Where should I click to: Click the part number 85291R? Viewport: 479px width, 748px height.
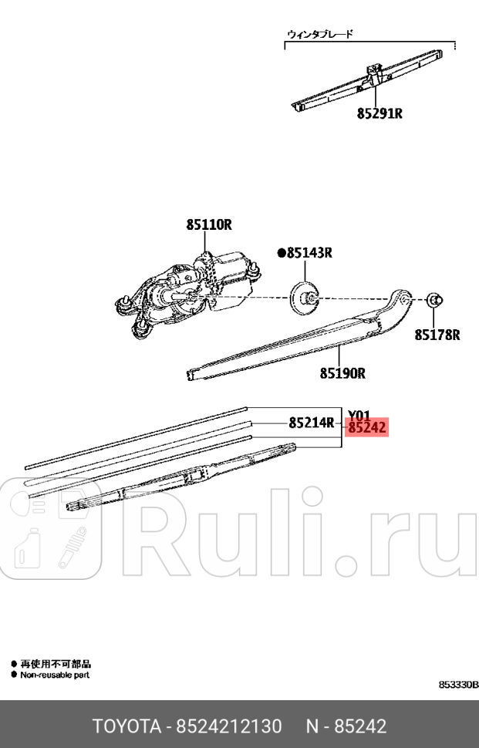(x=379, y=113)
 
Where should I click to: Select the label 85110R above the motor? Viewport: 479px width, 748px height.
(x=208, y=225)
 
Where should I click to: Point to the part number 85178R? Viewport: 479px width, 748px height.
(x=437, y=335)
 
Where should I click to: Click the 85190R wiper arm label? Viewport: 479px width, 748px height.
(x=342, y=374)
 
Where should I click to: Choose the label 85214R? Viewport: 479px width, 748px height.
(x=311, y=422)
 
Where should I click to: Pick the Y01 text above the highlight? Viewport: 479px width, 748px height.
(x=359, y=414)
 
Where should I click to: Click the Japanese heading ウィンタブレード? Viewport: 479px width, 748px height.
(x=319, y=34)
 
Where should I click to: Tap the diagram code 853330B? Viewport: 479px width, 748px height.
(x=458, y=685)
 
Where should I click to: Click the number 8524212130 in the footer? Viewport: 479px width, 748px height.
(x=230, y=726)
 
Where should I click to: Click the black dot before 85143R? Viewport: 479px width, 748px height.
(x=282, y=252)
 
